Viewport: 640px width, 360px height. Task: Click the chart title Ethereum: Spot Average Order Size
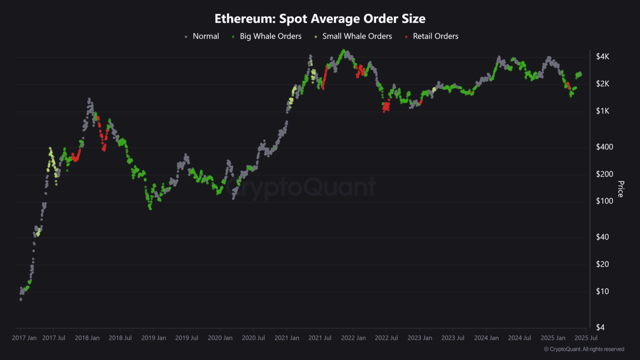pos(320,19)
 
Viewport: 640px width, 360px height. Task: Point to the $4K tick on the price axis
pos(602,56)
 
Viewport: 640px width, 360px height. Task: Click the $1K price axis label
pos(602,111)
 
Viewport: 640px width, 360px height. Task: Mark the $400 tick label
pos(604,147)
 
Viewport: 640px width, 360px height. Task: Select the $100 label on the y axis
pos(604,201)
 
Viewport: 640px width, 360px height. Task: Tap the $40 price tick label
pos(602,237)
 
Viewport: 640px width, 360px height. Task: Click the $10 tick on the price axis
pos(602,291)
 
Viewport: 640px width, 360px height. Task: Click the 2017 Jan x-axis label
pos(24,338)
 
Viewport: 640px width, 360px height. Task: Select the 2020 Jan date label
pos(220,338)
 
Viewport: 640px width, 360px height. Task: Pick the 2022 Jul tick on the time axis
pos(386,338)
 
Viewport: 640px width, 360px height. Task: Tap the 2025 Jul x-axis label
pos(586,338)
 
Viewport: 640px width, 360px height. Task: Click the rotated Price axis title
pos(621,189)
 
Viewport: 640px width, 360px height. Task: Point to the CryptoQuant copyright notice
pos(584,349)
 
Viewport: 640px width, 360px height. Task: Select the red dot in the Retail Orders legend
pos(406,37)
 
